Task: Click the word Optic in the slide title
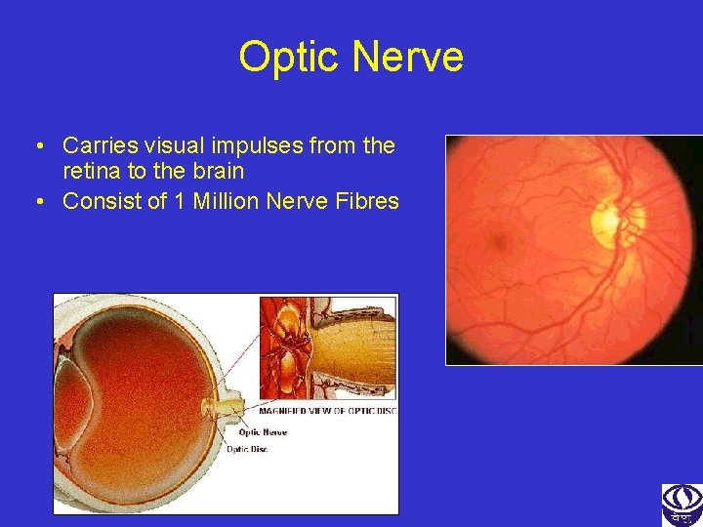pyautogui.click(x=290, y=58)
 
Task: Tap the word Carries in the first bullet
pyautogui.click(x=101, y=146)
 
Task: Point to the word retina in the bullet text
pyautogui.click(x=93, y=172)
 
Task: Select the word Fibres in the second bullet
pyautogui.click(x=368, y=202)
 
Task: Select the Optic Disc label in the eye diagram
pyautogui.click(x=247, y=449)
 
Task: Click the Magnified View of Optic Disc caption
pyautogui.click(x=330, y=410)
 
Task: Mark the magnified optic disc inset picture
pyautogui.click(x=328, y=349)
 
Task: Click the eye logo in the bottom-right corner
pyautogui.click(x=682, y=505)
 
